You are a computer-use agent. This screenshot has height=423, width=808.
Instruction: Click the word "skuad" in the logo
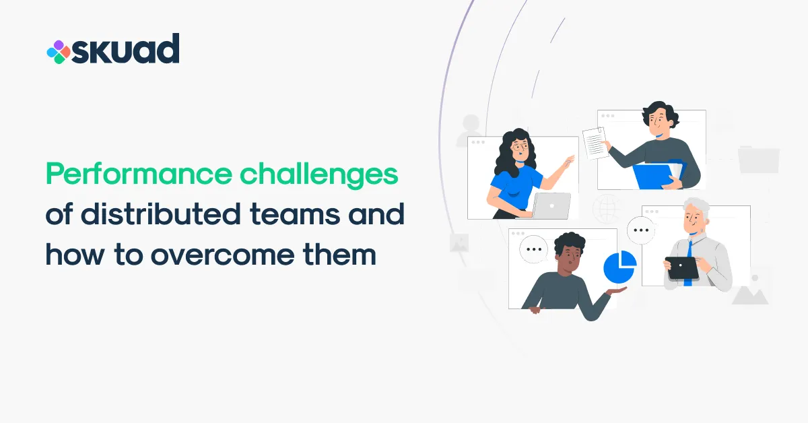point(126,49)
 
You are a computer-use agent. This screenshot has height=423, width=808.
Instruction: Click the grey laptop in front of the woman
point(551,206)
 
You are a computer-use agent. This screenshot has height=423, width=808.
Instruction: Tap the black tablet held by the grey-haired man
point(681,268)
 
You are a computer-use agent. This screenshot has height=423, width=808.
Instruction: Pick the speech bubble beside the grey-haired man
point(640,230)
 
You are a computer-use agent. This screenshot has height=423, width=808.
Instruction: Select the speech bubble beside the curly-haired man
point(535,249)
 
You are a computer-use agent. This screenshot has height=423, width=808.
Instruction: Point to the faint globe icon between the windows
point(606,208)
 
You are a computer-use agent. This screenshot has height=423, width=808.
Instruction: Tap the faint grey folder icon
point(758,159)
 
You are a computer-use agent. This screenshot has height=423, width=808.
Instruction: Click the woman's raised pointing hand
point(570,162)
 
